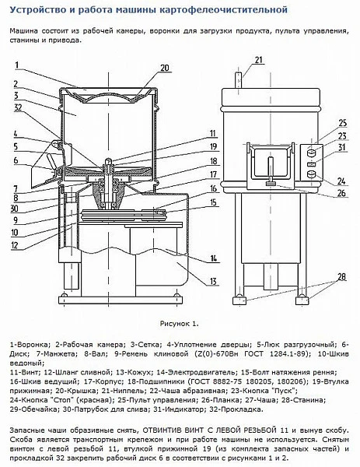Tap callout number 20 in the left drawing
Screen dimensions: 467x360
point(164,68)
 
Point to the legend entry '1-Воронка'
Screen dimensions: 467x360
point(30,343)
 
